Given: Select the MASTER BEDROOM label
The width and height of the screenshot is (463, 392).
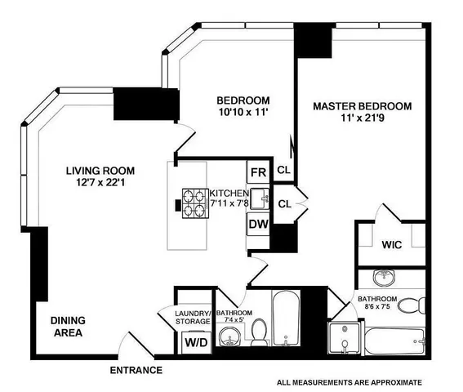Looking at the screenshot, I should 363,106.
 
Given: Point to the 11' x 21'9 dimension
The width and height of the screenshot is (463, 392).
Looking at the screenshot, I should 363,119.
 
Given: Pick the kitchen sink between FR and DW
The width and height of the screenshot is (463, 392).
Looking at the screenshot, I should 259,198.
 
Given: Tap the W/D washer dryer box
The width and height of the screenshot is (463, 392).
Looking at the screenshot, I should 194,343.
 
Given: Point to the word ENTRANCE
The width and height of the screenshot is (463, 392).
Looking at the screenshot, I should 136,371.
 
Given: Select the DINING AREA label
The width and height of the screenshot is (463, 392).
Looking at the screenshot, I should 69,327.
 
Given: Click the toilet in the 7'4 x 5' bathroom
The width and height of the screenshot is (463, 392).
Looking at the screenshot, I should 259,333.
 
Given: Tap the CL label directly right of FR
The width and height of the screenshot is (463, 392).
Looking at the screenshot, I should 283,170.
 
